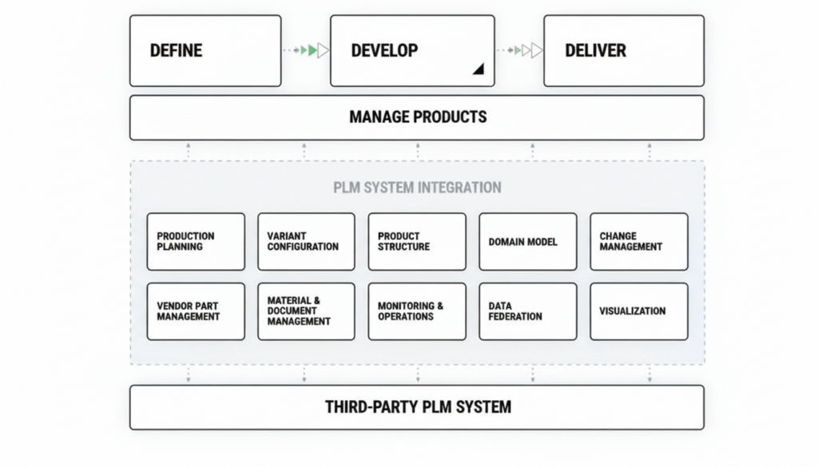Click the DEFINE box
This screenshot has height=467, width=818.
tap(205, 50)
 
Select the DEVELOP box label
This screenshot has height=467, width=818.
tap(384, 50)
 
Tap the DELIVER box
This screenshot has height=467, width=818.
tap(624, 50)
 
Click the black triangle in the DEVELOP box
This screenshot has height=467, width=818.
tap(478, 70)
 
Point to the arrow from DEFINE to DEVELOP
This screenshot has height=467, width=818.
tap(307, 50)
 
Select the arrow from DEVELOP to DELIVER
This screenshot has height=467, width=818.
tap(520, 50)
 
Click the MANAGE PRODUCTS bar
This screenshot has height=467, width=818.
tap(417, 117)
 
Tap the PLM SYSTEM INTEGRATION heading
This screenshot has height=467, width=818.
tap(417, 188)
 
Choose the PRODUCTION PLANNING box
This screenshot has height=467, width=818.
tap(196, 241)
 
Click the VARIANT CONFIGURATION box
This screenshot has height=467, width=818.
tap(306, 241)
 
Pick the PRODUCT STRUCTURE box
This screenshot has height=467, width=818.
tap(417, 241)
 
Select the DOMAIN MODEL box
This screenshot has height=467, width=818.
tap(527, 241)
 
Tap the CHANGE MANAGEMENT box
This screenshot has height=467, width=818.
tap(638, 241)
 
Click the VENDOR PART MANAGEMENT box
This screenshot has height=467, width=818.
tap(196, 311)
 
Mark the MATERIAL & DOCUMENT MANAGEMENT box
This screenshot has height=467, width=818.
tap(306, 311)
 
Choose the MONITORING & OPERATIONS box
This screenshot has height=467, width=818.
tap(417, 311)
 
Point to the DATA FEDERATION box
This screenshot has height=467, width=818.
tap(527, 311)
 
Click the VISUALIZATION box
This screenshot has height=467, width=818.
tap(638, 311)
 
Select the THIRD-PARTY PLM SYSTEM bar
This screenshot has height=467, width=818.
tap(417, 407)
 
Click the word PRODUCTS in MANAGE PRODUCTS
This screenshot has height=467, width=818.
tap(449, 117)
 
